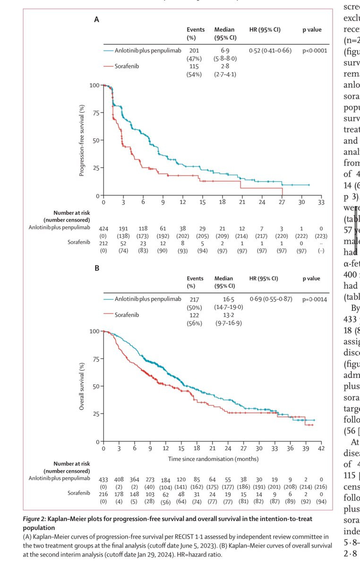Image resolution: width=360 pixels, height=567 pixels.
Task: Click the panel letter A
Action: [x=96, y=20]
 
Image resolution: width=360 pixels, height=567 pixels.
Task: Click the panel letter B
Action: [x=96, y=268]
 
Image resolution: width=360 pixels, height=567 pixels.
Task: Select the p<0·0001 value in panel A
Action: [x=315, y=51]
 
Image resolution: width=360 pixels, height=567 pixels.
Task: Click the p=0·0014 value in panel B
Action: [x=315, y=299]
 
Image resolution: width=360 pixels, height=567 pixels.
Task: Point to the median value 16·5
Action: [x=224, y=299]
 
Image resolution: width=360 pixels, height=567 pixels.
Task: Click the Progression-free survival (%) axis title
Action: [x=82, y=140]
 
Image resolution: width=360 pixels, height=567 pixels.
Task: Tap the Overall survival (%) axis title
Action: [x=82, y=386]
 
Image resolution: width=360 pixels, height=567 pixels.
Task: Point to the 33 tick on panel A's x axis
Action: [x=321, y=202]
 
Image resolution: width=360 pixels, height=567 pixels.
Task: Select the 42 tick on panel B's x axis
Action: [x=321, y=448]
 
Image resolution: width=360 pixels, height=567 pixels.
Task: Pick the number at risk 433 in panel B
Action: [x=103, y=479]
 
